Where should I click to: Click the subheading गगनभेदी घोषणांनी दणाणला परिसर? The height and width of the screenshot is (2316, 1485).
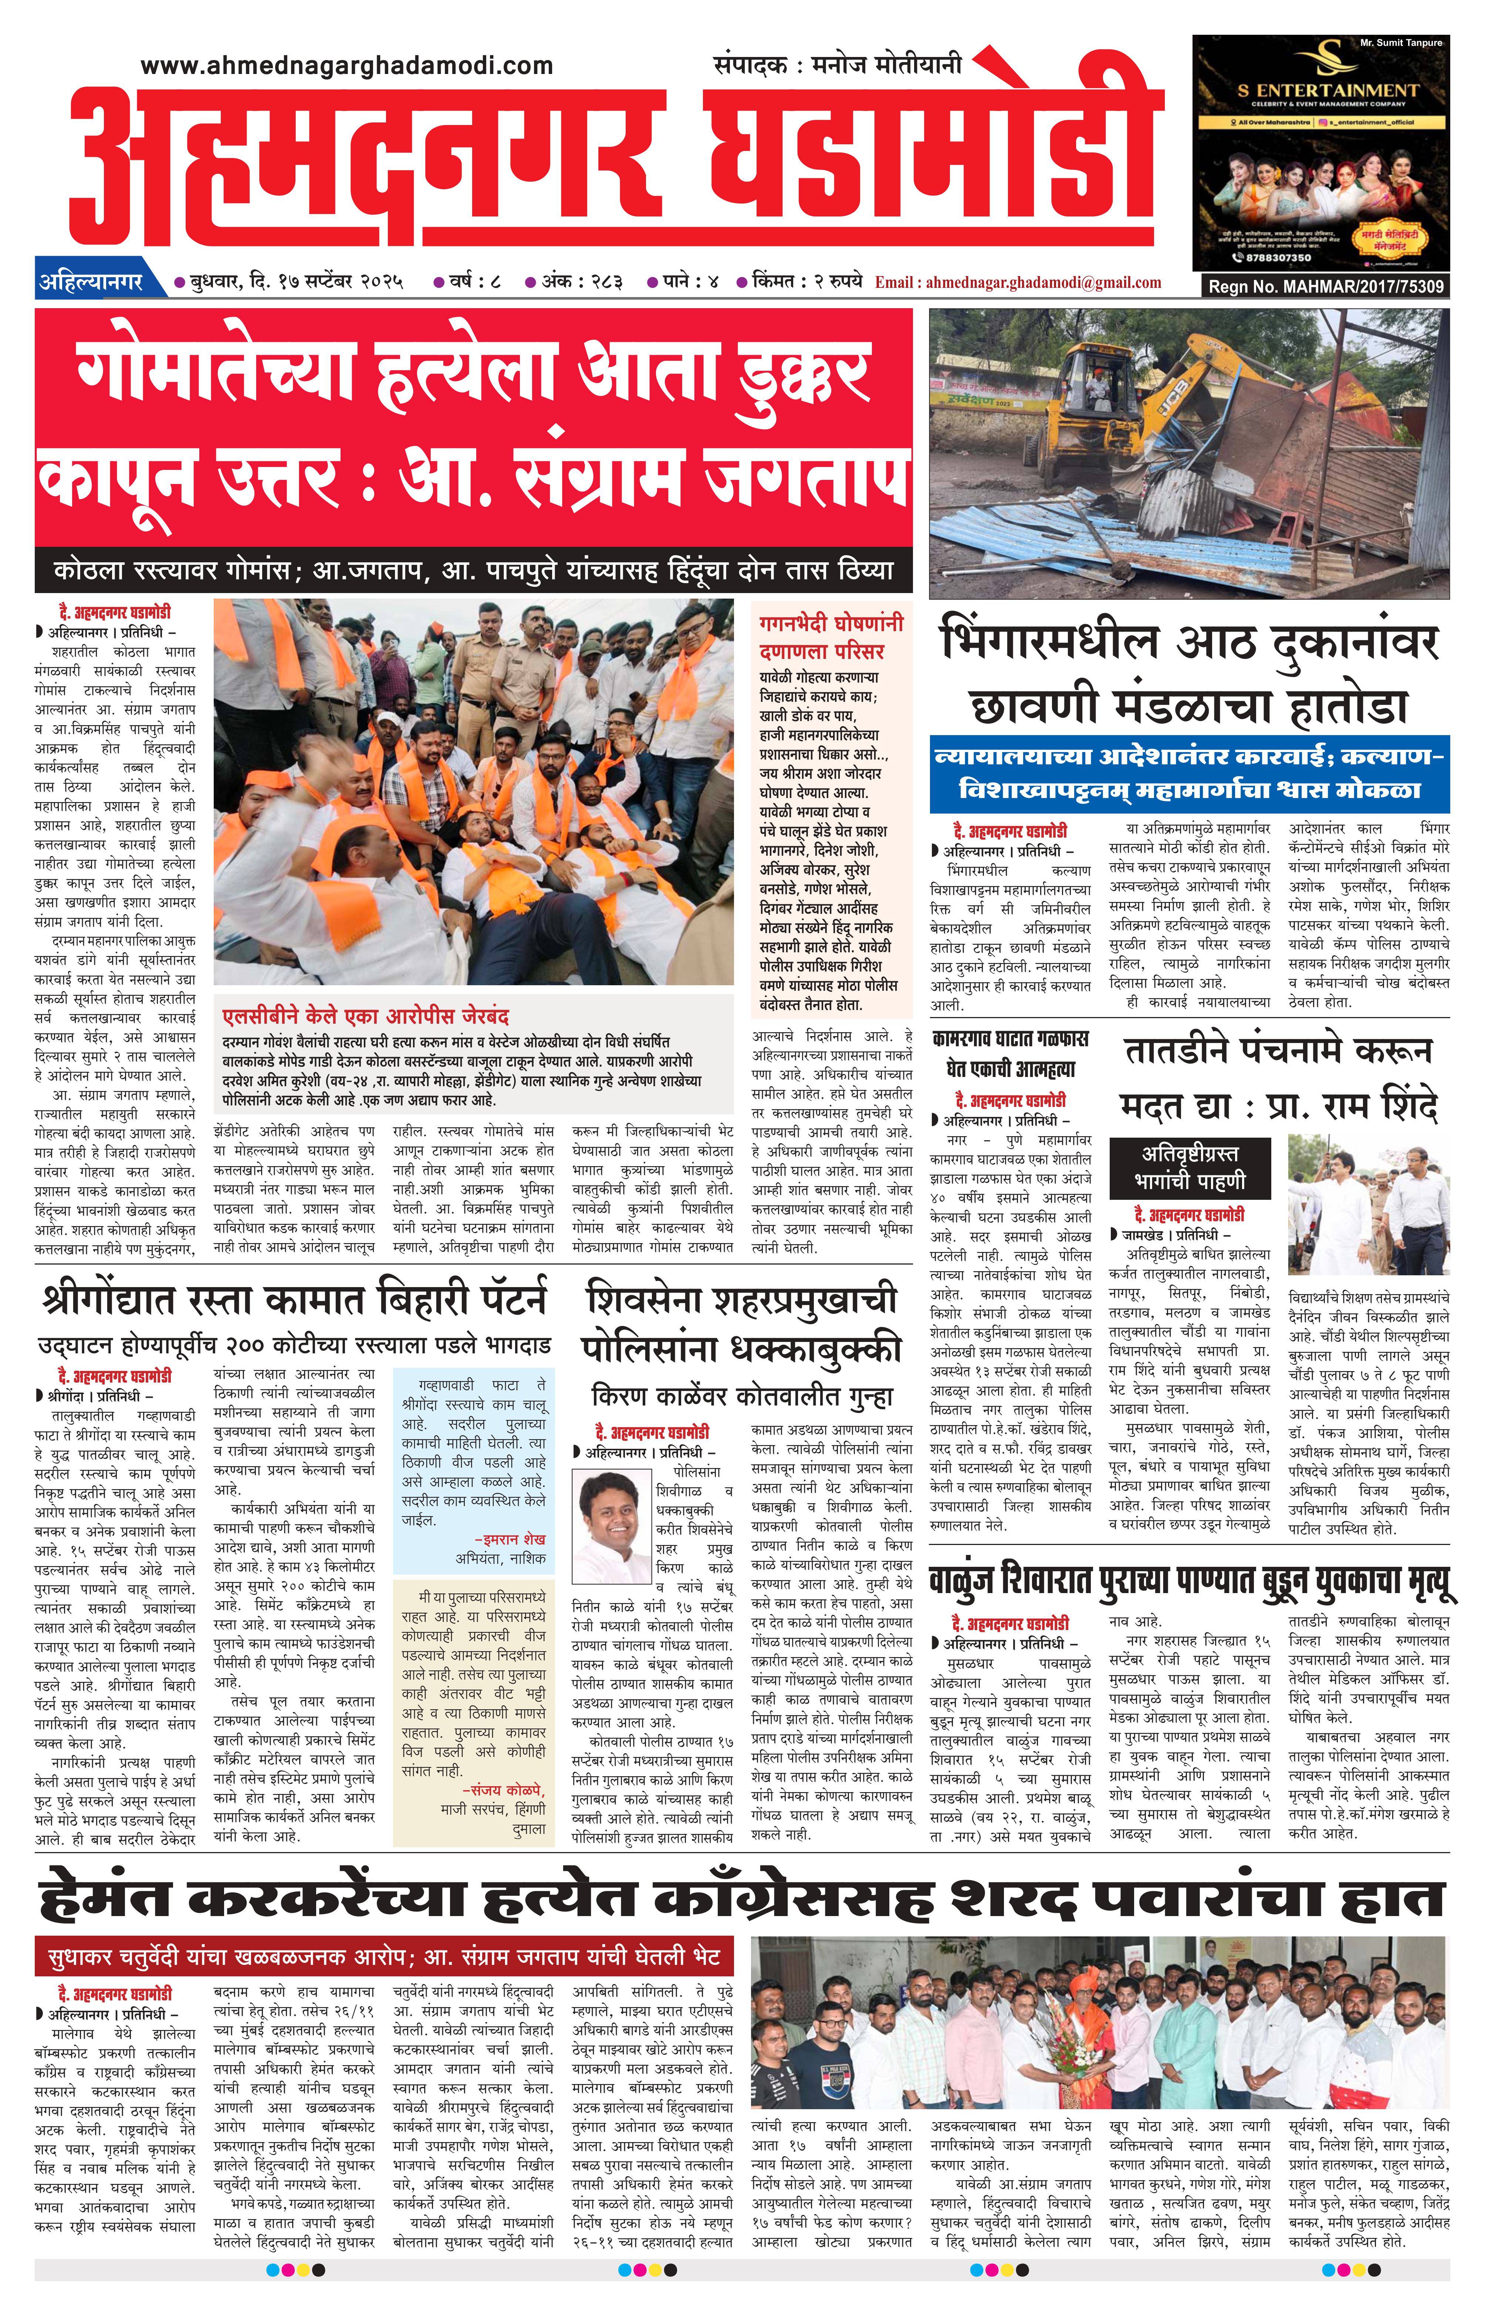point(831,637)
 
